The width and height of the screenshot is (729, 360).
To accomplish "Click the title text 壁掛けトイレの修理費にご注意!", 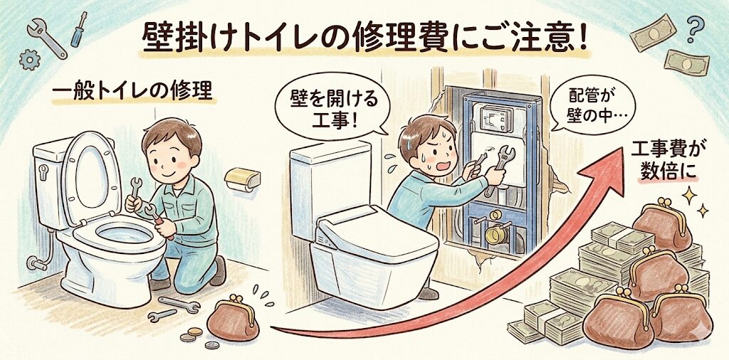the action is (364, 38).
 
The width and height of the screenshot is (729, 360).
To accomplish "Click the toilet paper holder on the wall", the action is (242, 179).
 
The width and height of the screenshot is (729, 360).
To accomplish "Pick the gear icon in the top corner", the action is (29, 60).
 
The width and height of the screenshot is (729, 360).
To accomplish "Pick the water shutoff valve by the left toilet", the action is (36, 263).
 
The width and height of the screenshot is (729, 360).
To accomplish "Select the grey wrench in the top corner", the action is (47, 38).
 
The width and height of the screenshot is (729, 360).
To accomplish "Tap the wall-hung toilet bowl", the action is (375, 260).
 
